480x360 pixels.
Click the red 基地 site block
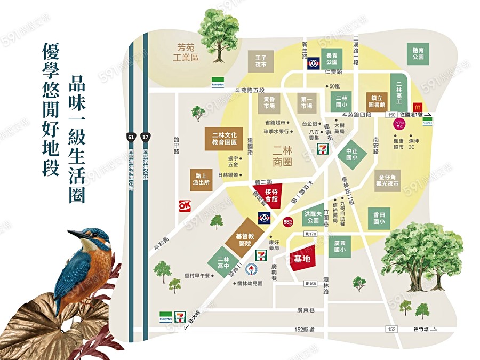[302, 259]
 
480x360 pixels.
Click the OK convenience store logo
[185, 205]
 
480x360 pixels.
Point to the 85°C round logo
[289, 220]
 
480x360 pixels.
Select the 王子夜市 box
[260, 61]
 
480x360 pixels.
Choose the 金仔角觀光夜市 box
[389, 180]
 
